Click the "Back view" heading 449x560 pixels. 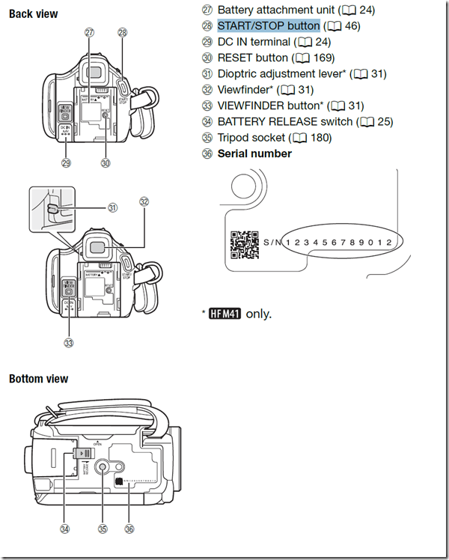point(33,14)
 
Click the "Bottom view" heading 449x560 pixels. point(38,379)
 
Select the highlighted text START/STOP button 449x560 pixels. point(269,25)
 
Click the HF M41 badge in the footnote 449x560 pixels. point(225,314)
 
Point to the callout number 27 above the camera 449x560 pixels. point(90,32)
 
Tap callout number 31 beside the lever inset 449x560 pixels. point(112,207)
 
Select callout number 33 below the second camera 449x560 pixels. point(70,343)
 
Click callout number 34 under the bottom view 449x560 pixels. point(65,528)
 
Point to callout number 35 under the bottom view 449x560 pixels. point(103,528)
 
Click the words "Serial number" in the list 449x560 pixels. point(254,153)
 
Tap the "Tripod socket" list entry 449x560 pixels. point(251,138)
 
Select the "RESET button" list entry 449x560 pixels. point(252,58)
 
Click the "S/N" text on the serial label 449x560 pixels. point(272,242)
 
